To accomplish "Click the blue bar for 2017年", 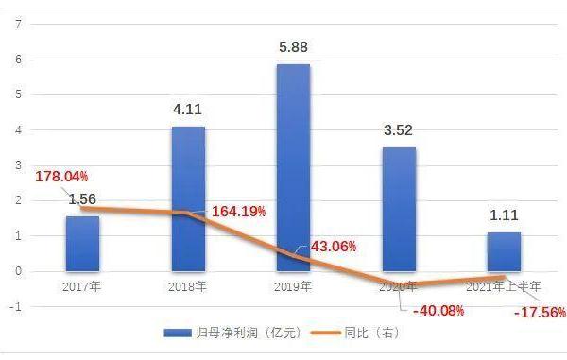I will (82, 244).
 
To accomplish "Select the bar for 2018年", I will (188, 198).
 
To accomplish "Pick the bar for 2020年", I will (399, 209).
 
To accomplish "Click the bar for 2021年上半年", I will (504, 251).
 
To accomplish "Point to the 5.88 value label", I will (293, 45).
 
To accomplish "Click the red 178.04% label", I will (61, 177).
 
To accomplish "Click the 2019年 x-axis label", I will (293, 285).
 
